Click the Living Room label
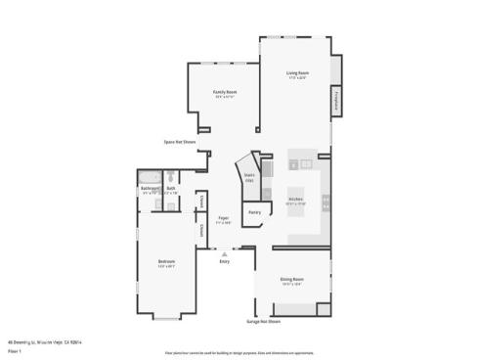[297, 73]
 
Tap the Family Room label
[225, 92]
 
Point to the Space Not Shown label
[179, 142]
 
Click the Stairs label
[249, 176]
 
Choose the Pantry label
[253, 211]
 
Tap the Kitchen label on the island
[296, 199]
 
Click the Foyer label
[224, 218]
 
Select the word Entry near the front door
[224, 261]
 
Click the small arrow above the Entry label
[224, 253]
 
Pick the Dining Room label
[291, 280]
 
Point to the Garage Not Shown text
[263, 321]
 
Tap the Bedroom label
[167, 261]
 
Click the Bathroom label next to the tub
[150, 189]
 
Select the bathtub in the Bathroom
[150, 176]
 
